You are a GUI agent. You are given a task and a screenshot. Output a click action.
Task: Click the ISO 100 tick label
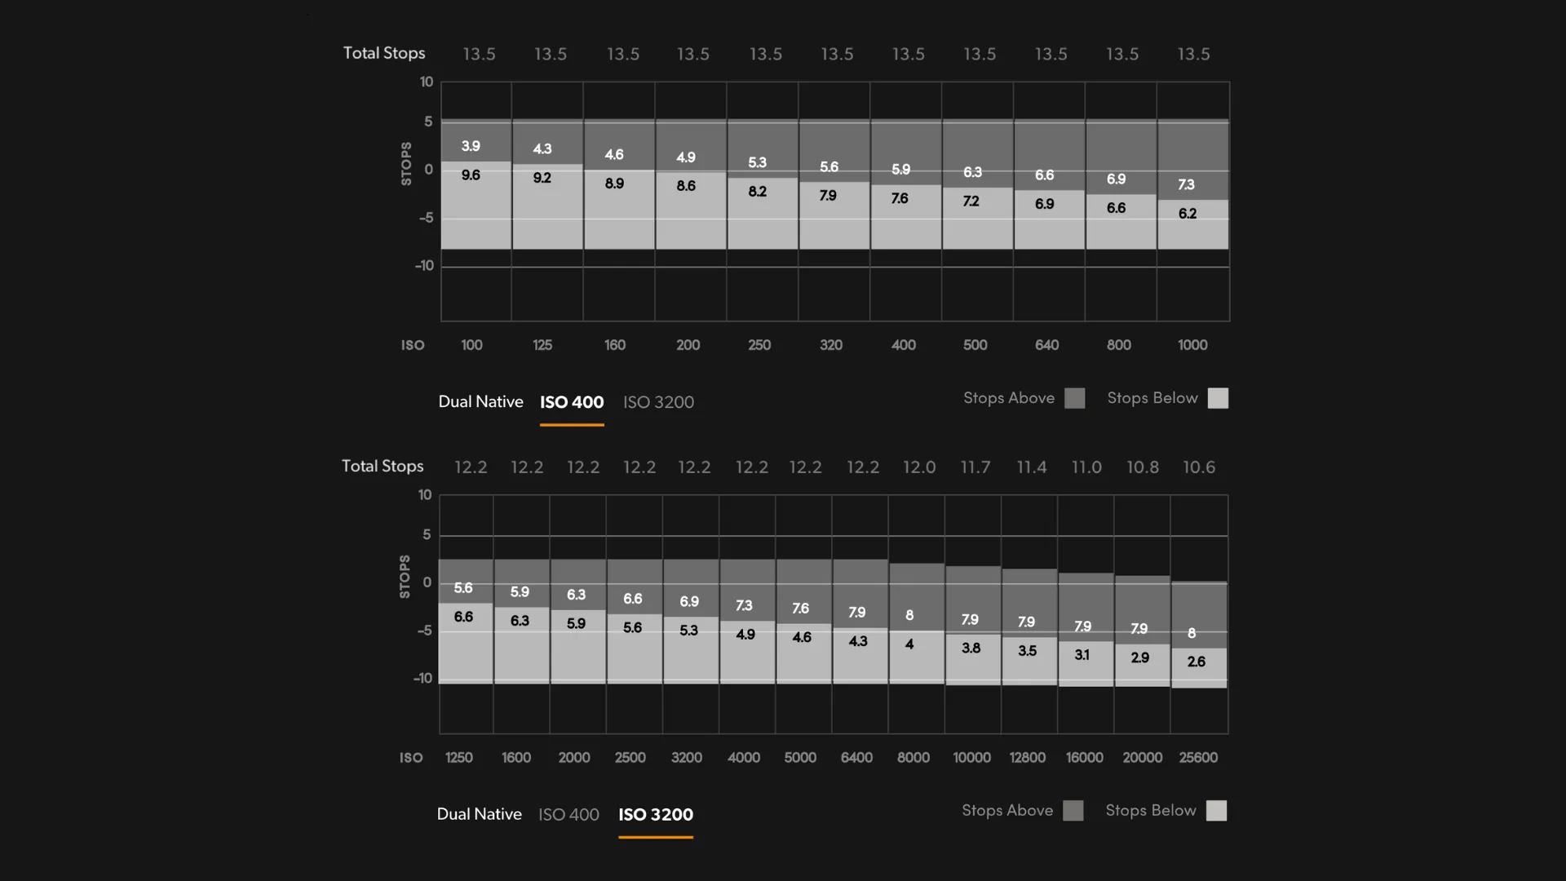coord(471,345)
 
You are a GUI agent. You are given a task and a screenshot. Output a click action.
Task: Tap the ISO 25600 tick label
coord(1198,758)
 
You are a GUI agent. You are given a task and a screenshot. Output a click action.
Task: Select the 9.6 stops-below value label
coord(471,175)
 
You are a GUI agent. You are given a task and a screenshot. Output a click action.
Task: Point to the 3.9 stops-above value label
coord(471,147)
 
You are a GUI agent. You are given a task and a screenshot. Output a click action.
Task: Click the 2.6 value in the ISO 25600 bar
coord(1197,662)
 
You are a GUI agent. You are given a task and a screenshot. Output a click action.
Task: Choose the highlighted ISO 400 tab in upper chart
coord(572,402)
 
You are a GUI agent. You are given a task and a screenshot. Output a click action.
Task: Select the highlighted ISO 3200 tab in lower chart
coord(656,815)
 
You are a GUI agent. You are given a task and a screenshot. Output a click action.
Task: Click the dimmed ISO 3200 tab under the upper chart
coord(658,402)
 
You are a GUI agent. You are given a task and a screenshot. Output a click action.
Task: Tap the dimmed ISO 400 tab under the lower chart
coord(568,815)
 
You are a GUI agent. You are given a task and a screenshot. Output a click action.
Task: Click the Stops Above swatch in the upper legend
coord(1075,398)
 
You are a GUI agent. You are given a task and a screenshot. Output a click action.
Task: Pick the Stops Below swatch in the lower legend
coord(1216,811)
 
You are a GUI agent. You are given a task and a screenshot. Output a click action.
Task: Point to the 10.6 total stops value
coord(1199,467)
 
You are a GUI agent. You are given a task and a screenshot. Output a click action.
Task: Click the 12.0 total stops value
coord(919,467)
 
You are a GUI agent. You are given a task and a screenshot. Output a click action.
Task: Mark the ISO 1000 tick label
coord(1192,345)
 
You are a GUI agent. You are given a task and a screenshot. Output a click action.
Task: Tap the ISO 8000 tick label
coord(913,758)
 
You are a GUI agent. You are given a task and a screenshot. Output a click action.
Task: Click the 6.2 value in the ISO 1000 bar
coord(1188,214)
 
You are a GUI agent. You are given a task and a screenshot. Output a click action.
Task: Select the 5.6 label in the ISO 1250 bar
coord(463,588)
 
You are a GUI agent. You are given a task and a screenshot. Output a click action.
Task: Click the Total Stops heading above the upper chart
coord(384,53)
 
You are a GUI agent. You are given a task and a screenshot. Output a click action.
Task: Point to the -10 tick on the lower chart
coord(422,679)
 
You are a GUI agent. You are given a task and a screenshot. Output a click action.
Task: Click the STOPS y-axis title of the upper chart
coord(406,163)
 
